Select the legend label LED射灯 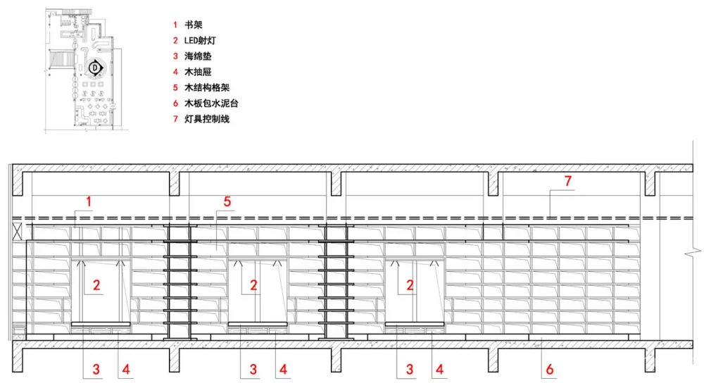click(199, 41)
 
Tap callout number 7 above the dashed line click(567, 182)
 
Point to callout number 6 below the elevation click(550, 368)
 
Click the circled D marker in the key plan click(95, 68)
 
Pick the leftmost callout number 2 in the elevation click(96, 285)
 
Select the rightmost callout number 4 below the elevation click(439, 368)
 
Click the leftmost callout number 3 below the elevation click(96, 368)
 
